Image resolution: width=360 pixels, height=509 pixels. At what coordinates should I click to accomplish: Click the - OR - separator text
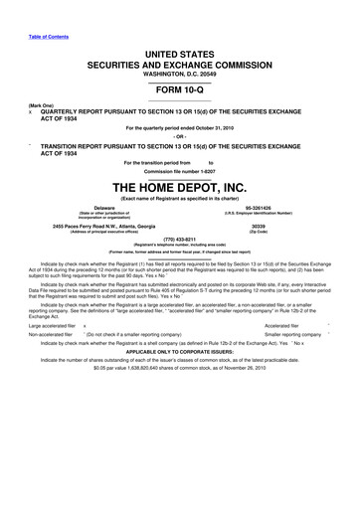(x=180, y=135)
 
